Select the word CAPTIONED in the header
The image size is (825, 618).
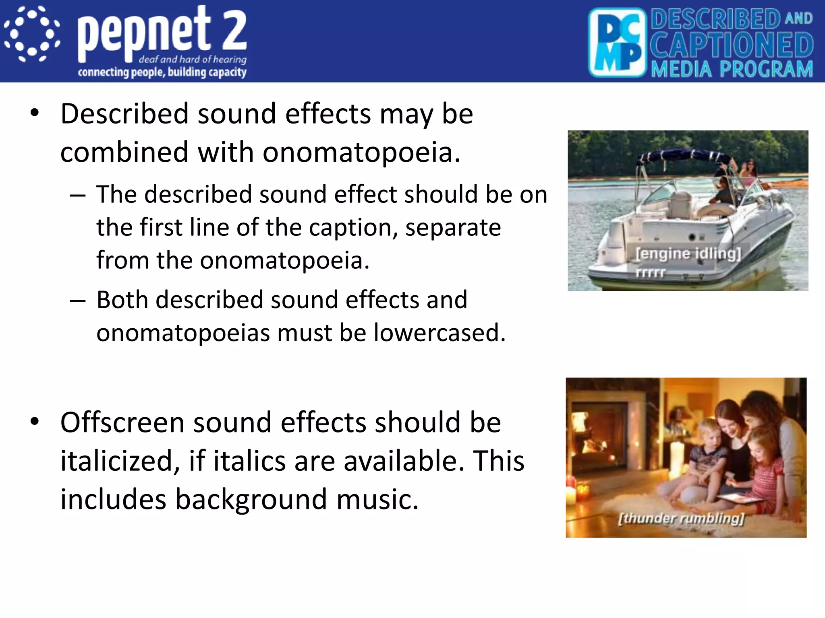click(732, 45)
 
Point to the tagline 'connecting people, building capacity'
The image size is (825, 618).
click(162, 72)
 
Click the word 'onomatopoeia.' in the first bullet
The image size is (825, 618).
click(361, 152)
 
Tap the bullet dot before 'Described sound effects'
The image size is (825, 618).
click(35, 113)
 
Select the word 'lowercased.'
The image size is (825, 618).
click(439, 333)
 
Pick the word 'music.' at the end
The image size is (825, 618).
click(377, 499)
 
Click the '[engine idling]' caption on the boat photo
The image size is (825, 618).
click(688, 253)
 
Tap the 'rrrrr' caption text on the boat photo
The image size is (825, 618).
click(650, 272)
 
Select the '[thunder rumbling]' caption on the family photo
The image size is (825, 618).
click(681, 518)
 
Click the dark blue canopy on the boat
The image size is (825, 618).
click(681, 155)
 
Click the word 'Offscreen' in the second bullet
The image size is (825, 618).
click(122, 422)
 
